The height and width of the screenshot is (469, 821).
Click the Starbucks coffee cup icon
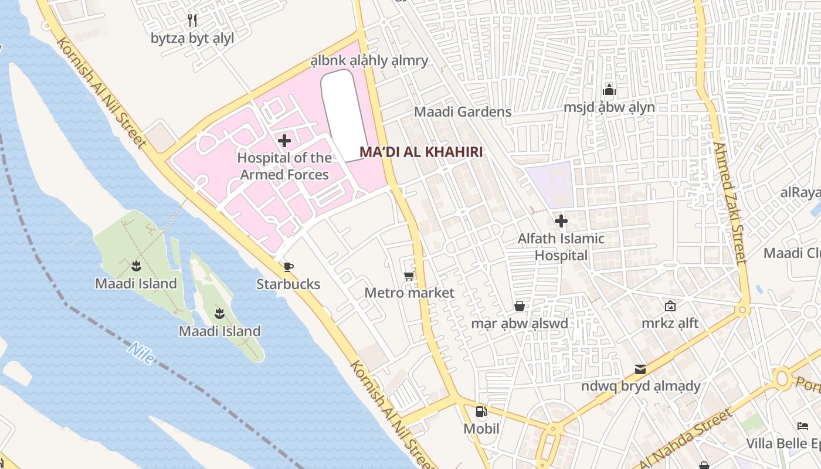[288, 267]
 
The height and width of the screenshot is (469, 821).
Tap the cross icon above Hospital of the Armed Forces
[284, 141]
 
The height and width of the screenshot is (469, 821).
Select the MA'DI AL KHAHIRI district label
[420, 152]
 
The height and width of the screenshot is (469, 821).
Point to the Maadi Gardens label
[463, 111]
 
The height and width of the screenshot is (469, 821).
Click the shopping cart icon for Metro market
[409, 276]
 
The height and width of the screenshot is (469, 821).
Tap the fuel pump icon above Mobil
[481, 412]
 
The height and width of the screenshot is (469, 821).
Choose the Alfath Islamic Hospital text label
[561, 247]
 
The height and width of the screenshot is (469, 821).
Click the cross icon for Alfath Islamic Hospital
[561, 221]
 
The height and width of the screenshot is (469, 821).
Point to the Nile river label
[141, 354]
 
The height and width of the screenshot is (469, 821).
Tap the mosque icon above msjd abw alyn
[609, 90]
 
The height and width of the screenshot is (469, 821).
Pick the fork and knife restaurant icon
[192, 21]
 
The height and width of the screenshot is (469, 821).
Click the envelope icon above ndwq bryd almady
[640, 369]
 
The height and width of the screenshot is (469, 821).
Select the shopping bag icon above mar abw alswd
[520, 306]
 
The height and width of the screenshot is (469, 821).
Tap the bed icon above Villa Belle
[803, 426]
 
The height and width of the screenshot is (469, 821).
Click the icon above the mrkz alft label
[670, 306]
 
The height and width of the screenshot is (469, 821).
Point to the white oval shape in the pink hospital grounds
[345, 114]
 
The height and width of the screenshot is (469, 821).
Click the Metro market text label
[409, 293]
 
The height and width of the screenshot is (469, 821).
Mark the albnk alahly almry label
[369, 60]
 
